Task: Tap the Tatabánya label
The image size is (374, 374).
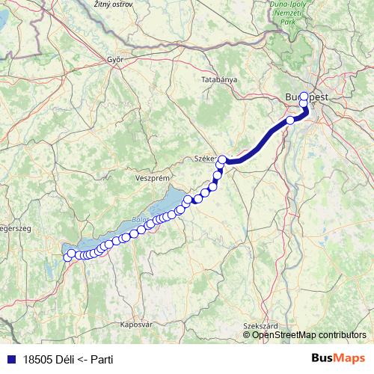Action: coord(219,79)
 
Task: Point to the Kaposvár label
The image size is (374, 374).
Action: coord(136,325)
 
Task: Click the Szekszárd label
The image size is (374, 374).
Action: coord(261,326)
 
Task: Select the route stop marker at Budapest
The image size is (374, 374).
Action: coord(303,96)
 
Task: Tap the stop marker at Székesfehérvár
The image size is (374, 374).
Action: coord(222,159)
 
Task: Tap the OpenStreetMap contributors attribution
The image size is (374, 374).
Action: coord(310,335)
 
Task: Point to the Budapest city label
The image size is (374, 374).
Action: coord(306,97)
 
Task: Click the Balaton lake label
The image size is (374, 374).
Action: coord(139,220)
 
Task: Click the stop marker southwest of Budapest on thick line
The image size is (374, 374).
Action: coord(290,120)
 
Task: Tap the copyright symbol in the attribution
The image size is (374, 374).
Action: coord(247,335)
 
